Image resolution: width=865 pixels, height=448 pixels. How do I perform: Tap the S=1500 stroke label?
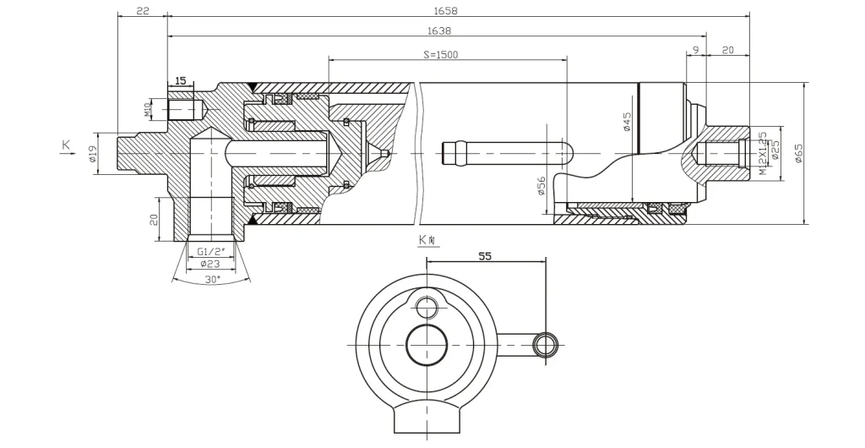440,54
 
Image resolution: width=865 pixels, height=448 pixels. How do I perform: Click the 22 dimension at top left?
143,11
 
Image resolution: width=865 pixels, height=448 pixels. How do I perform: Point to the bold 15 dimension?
180,80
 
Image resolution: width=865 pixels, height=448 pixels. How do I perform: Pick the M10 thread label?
148,109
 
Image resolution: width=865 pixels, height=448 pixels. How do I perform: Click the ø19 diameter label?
93,154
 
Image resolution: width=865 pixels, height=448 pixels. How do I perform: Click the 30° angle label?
211,278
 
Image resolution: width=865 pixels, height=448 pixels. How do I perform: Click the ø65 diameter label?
798,153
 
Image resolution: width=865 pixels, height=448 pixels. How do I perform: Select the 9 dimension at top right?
695,51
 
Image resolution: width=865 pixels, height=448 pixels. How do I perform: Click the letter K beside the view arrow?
66,146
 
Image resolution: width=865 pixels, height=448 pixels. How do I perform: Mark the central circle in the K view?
428,347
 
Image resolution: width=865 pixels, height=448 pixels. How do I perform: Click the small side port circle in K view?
545,343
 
